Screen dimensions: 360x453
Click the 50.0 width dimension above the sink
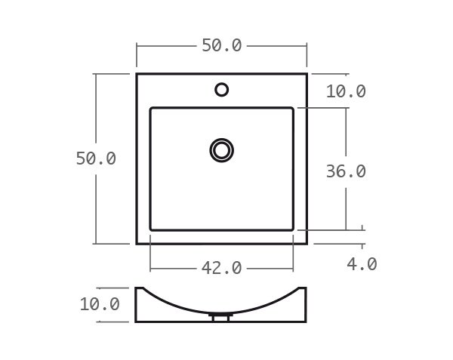click(221, 45)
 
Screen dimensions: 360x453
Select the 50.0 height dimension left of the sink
click(96, 158)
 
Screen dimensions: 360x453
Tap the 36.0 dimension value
click(346, 171)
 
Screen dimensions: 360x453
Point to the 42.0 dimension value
click(221, 268)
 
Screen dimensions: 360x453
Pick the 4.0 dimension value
click(362, 264)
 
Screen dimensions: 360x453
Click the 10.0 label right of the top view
click(346, 91)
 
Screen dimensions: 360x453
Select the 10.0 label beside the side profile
click(100, 304)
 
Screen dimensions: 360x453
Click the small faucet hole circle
click(221, 90)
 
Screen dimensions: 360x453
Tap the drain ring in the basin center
click(221, 149)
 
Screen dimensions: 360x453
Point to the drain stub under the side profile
click(221, 318)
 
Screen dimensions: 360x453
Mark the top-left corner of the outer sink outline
click(137, 74)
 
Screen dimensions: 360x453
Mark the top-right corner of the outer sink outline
click(307, 74)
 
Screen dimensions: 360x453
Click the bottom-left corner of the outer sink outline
click(137, 244)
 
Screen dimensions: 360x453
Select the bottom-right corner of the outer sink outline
click(307, 244)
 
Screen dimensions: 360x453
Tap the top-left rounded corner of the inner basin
click(152, 109)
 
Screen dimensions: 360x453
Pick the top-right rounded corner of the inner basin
click(291, 109)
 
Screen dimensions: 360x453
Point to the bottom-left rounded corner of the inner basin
click(152, 229)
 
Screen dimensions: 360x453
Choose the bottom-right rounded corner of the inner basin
click(291, 229)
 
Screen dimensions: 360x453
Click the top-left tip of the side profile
click(137, 288)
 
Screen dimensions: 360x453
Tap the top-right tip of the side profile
click(306, 288)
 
